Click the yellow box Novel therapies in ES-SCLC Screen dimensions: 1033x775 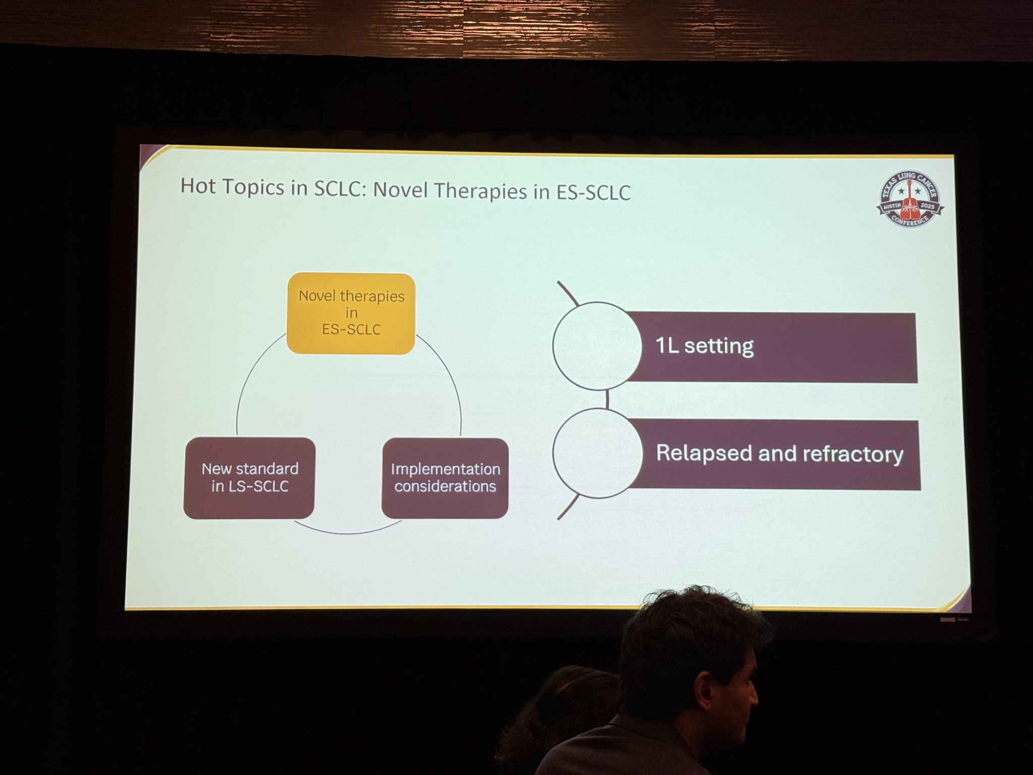(351, 313)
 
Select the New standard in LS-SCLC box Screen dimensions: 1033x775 (250, 478)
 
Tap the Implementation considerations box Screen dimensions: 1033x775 (445, 478)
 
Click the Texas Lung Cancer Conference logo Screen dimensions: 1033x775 (910, 199)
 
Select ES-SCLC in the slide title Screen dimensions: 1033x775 (593, 192)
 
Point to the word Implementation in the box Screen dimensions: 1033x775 (445, 469)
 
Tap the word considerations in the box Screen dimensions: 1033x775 (445, 486)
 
